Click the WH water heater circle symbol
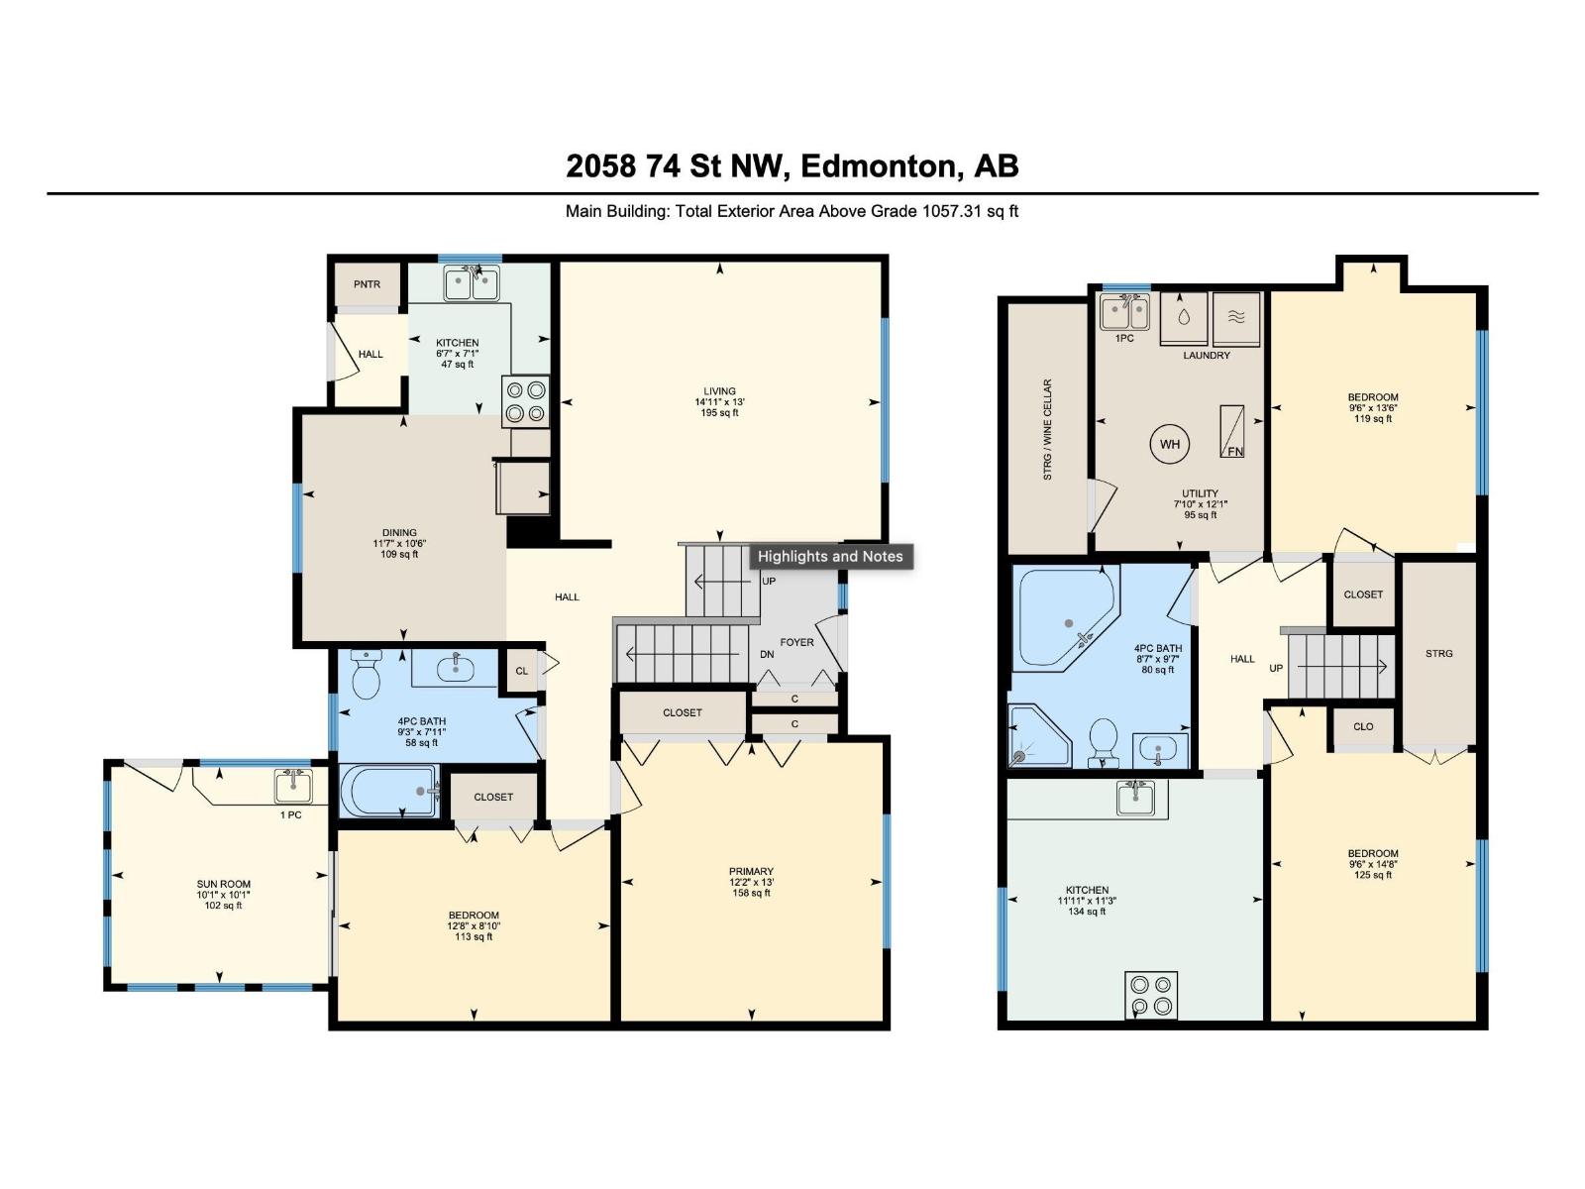1170,444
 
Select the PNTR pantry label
367,284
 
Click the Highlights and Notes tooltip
830,556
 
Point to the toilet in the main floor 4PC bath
367,676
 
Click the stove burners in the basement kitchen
1151,995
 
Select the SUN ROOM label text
223,884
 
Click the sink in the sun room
293,788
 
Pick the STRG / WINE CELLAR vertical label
1047,430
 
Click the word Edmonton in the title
878,165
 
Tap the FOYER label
796,642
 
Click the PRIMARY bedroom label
751,872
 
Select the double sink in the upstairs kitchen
472,284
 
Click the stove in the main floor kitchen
526,401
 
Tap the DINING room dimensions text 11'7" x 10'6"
399,543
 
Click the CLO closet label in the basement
1363,726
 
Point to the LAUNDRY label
1206,355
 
